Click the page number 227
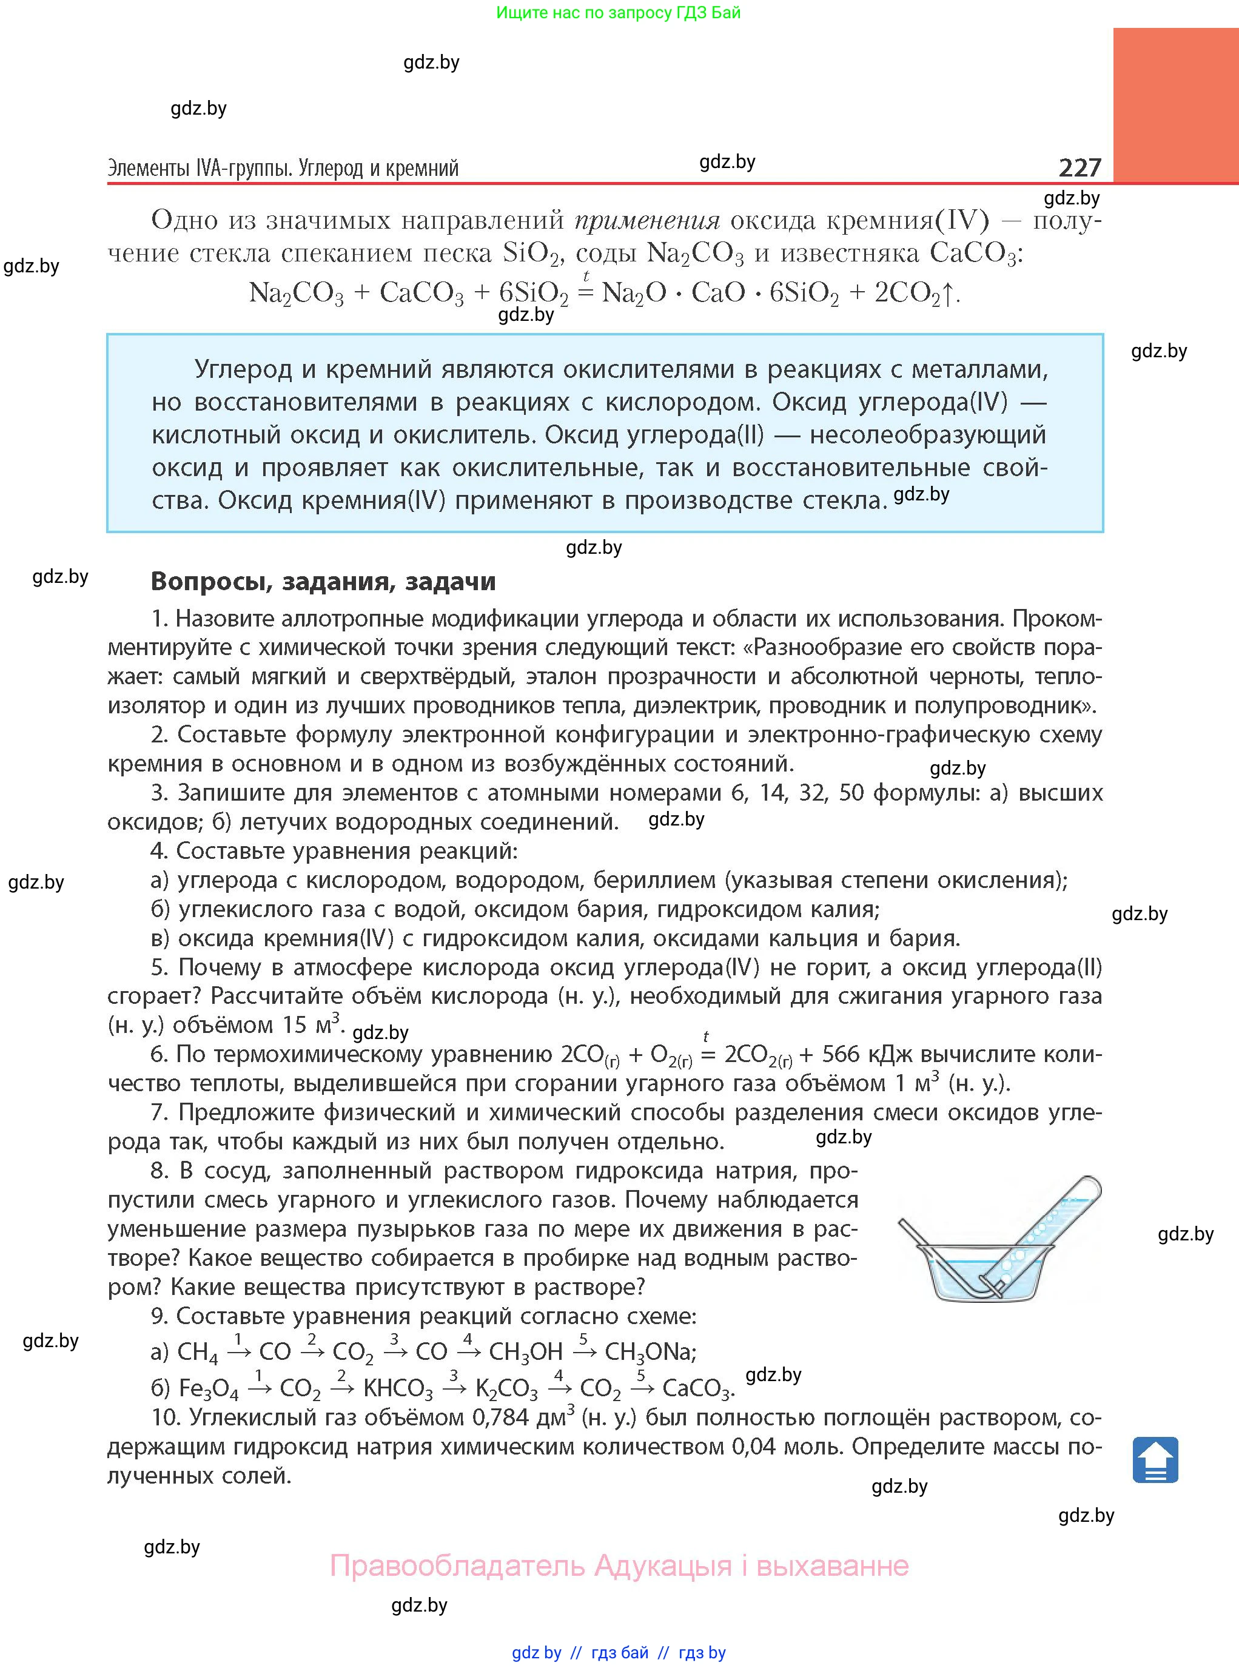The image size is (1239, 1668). tap(1080, 167)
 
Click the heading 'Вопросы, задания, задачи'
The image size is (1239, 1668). tap(323, 581)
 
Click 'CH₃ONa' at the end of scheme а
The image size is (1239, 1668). tap(650, 1351)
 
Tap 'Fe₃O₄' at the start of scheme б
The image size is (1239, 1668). tap(209, 1389)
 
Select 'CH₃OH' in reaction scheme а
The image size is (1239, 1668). tap(525, 1351)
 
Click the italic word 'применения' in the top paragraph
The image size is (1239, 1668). tap(646, 220)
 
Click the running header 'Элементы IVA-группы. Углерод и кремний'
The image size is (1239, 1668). tap(283, 167)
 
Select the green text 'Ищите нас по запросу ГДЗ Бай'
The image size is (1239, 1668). tap(618, 13)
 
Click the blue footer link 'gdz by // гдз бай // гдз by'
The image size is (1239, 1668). tap(619, 1652)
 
